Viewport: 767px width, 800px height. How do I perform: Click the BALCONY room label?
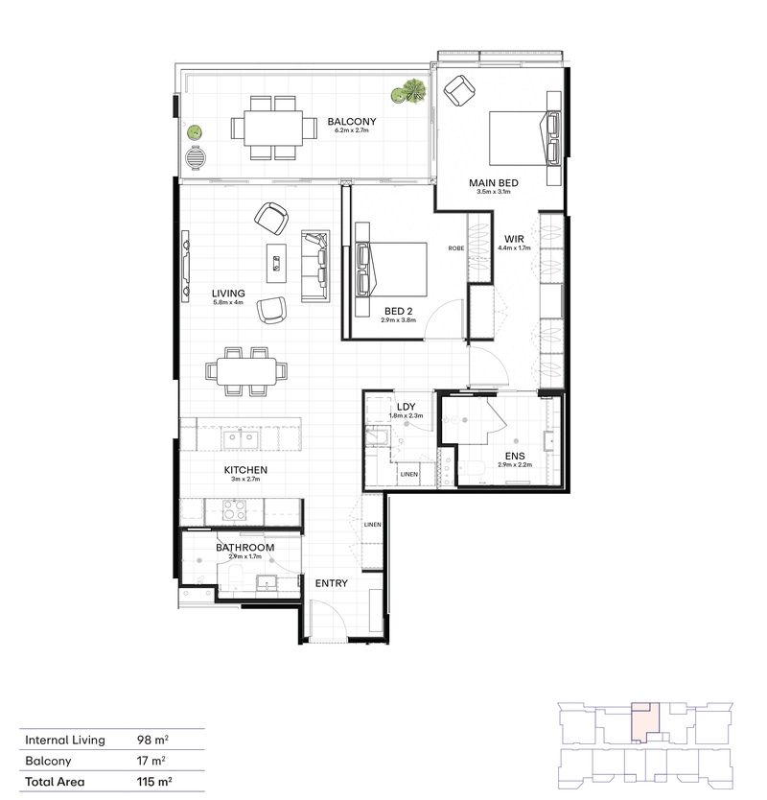click(351, 122)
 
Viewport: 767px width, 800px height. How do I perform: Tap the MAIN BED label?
click(494, 182)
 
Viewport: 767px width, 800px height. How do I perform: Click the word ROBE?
click(456, 248)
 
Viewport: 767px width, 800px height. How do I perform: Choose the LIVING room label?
click(229, 294)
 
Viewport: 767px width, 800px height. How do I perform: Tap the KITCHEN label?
click(245, 470)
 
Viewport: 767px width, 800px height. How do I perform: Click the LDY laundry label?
click(405, 407)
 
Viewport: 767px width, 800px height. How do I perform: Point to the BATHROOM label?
click(244, 548)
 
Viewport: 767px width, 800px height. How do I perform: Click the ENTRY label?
click(332, 583)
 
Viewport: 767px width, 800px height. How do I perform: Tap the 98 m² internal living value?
click(153, 741)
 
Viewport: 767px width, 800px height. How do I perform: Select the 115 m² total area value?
click(155, 782)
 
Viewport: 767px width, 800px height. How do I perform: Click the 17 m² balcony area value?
click(151, 762)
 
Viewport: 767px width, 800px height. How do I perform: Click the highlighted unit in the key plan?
click(643, 721)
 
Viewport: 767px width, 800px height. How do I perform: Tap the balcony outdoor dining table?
click(273, 127)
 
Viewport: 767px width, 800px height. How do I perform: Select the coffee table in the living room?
click(277, 260)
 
